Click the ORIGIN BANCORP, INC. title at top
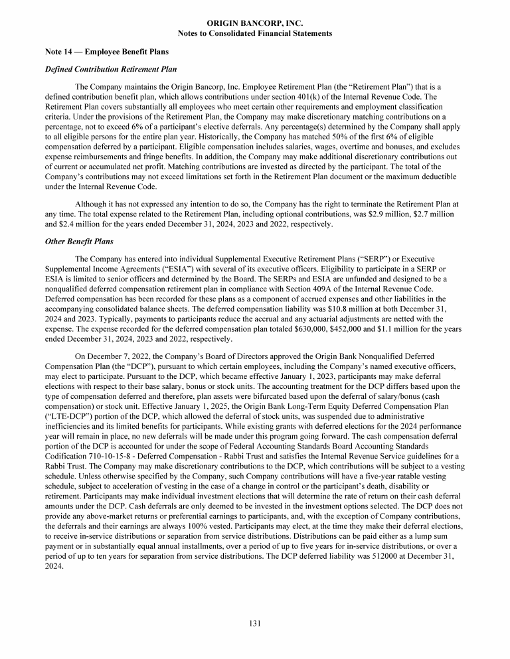point(255,23)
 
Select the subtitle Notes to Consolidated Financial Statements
point(255,33)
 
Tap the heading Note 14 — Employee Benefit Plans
point(106,52)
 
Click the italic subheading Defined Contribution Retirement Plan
point(108,69)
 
